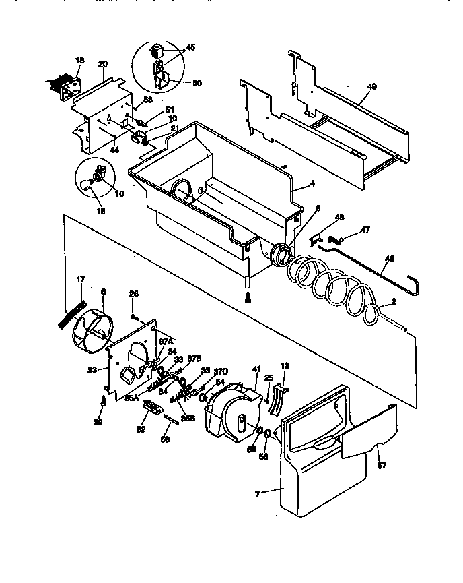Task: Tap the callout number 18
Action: [79, 61]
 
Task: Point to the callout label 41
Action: [256, 369]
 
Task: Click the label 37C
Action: [220, 371]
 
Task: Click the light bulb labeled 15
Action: [87, 186]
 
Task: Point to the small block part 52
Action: [153, 408]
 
